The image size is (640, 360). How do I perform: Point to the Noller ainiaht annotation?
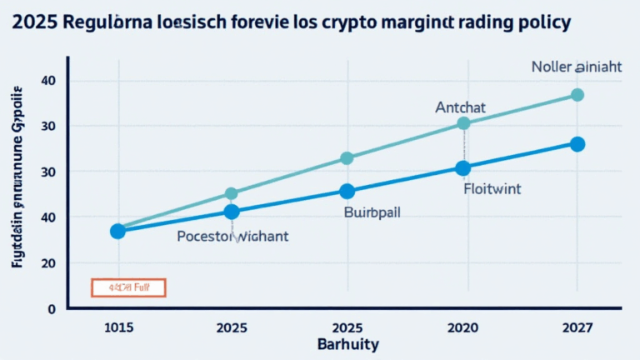576,67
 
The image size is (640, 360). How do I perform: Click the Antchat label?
460,107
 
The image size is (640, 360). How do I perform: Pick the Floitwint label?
492,189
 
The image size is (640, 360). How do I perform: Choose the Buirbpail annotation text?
372,212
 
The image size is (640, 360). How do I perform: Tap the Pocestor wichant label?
232,237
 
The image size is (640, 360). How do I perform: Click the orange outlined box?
128,287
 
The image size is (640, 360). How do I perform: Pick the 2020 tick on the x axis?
463,327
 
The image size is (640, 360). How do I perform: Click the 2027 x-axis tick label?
577,327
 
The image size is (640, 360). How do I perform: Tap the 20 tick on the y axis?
48,262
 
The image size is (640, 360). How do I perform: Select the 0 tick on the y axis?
52,308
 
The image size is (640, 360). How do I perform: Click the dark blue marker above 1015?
117,231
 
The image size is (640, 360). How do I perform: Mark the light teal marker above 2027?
577,95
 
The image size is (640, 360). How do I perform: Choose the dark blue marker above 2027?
577,144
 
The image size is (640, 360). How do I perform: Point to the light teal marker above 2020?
463,123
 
